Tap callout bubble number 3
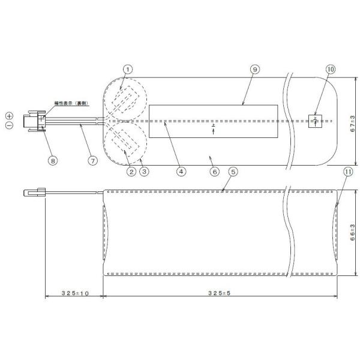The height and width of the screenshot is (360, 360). click(143, 170)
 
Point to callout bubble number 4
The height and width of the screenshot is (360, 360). click(180, 170)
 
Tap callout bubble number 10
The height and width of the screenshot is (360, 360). click(331, 70)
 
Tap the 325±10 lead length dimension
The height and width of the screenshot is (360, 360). click(74, 293)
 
